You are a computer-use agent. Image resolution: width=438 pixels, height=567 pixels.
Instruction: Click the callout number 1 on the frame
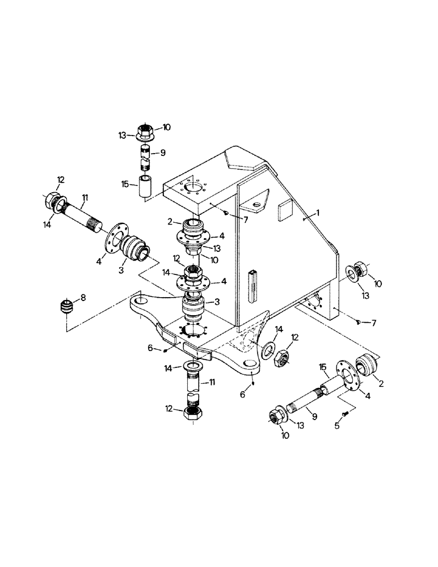[318, 213]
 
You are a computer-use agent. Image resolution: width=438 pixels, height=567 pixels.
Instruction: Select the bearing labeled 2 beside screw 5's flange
[367, 363]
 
